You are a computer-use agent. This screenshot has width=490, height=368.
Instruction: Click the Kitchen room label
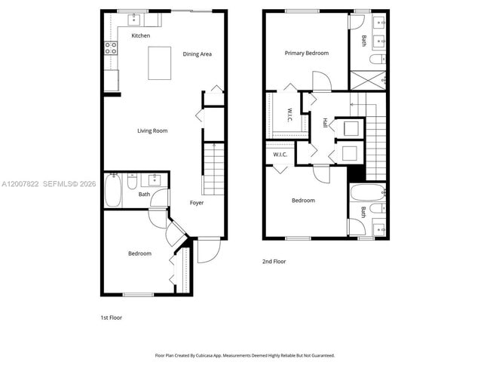[x=141, y=36]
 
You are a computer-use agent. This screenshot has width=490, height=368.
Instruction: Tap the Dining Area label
[x=197, y=54]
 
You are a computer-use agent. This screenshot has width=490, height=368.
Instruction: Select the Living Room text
[x=152, y=131]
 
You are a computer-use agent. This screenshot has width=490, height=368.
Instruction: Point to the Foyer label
[x=196, y=203]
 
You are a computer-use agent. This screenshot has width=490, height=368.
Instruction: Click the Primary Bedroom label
[x=307, y=54]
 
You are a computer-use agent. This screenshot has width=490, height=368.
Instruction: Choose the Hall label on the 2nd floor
[x=325, y=123]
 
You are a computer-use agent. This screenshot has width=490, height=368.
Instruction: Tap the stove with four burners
[x=111, y=48]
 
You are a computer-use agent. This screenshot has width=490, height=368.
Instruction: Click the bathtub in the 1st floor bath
[x=113, y=190]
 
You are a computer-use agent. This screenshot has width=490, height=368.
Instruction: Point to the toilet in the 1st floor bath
[x=132, y=182]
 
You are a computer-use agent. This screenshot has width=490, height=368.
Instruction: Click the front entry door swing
[x=207, y=250]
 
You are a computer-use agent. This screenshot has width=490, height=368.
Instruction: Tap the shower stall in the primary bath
[x=368, y=80]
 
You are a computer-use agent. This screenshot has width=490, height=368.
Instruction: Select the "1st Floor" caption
[x=111, y=317]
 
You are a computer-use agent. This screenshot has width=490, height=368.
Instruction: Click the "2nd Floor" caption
[x=274, y=262]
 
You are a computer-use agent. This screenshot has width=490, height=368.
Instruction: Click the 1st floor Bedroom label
[x=139, y=253]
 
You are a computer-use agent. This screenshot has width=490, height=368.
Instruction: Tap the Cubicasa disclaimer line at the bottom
[x=245, y=355]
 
